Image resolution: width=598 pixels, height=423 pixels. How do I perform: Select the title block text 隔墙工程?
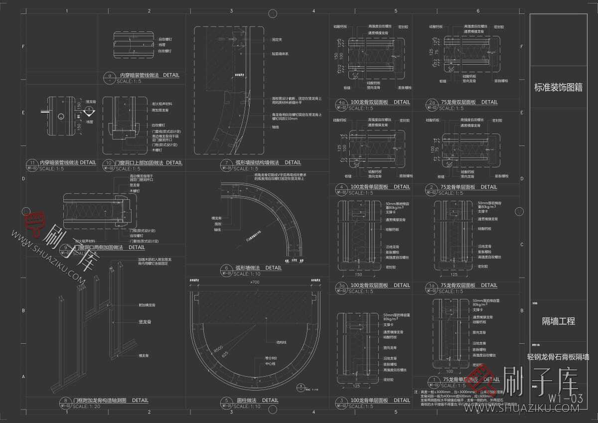(558, 321)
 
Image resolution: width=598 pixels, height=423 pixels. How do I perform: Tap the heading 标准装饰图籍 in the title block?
(558, 88)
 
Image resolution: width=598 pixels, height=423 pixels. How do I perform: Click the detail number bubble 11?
(33, 162)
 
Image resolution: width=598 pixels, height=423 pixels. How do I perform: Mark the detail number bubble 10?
(109, 162)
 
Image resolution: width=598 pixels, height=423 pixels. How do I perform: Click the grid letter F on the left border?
(23, 47)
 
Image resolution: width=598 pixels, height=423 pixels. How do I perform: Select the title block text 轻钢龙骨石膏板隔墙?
(558, 357)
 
